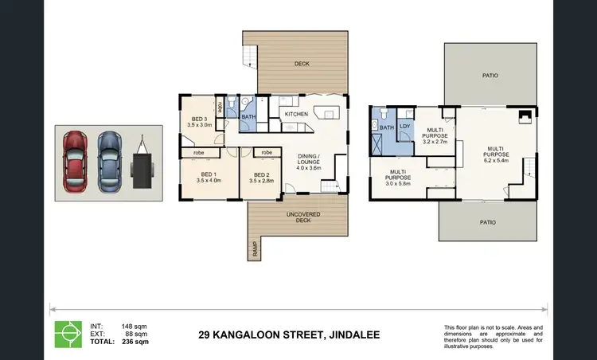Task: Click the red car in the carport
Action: pyautogui.click(x=76, y=156)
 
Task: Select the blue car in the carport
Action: pyautogui.click(x=108, y=156)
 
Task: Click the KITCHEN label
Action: pyautogui.click(x=296, y=114)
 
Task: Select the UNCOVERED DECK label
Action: pyautogui.click(x=297, y=217)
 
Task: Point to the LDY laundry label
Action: pyautogui.click(x=405, y=126)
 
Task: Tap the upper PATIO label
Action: pyautogui.click(x=490, y=76)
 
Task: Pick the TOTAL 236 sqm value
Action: pyautogui.click(x=137, y=341)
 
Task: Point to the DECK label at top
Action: pyautogui.click(x=302, y=64)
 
